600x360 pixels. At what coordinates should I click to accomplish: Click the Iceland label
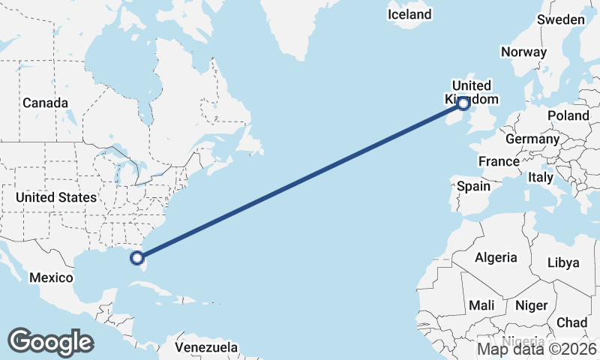point(410,14)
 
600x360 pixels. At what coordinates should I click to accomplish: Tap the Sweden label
point(561,19)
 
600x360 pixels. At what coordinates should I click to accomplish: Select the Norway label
point(523,52)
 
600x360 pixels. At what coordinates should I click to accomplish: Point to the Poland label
point(568,115)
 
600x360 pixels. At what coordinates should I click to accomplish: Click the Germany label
point(532,139)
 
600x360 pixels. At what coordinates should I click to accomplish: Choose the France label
point(499,161)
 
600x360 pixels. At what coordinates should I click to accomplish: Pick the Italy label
point(540,178)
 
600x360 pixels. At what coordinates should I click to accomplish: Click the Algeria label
point(496,257)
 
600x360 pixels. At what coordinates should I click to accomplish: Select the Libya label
point(563,262)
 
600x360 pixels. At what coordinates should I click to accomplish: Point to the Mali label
point(481,305)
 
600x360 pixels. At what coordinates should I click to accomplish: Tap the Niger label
point(531,305)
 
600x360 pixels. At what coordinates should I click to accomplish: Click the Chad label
point(572,322)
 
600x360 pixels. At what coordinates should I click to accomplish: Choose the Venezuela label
point(206,347)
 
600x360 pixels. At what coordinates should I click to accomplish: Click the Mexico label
point(51,277)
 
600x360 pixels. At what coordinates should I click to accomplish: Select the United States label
point(56,197)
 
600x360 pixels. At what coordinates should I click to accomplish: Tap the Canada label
point(45,103)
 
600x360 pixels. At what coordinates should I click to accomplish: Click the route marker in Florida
point(137,258)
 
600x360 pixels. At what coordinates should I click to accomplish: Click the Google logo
point(50,341)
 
